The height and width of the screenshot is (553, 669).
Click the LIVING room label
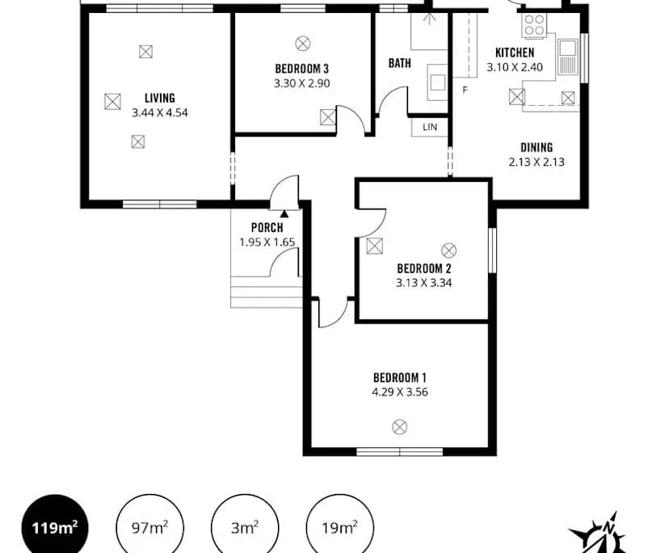click(159, 98)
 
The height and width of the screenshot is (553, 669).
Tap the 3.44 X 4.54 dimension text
click(159, 112)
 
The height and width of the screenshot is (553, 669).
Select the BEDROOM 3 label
click(301, 69)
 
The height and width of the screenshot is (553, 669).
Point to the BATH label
click(399, 63)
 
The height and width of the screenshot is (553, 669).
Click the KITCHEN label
click(515, 53)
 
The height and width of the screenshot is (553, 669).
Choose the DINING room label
click(536, 147)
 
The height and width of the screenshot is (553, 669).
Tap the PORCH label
click(267, 227)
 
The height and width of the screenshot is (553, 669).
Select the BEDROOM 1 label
click(399, 378)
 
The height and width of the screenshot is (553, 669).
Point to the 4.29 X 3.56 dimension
click(399, 393)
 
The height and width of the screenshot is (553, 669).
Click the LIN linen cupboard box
click(430, 127)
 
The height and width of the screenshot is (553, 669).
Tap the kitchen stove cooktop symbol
click(534, 27)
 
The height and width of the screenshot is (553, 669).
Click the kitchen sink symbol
click(567, 57)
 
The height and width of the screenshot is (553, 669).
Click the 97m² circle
click(149, 528)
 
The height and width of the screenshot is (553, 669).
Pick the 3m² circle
click(244, 528)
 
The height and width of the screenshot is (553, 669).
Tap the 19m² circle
click(339, 528)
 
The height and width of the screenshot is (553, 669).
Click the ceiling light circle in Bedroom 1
click(399, 426)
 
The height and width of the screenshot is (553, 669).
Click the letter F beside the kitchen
click(465, 90)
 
